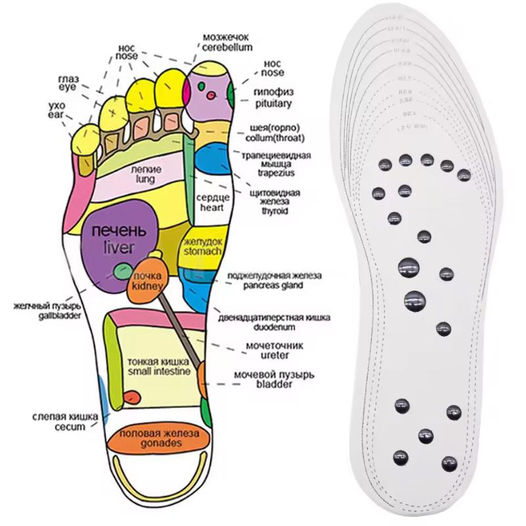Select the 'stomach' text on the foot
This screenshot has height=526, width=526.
point(204,250)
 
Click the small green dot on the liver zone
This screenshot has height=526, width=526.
point(121,270)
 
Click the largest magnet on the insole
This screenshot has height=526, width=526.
point(416,300)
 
